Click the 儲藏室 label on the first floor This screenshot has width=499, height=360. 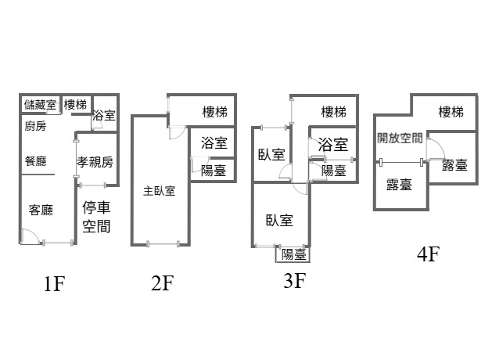(x=40, y=105)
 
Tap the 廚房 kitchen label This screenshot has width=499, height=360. (x=35, y=127)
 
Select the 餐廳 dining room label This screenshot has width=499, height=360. (x=35, y=161)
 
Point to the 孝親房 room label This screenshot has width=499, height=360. (x=95, y=162)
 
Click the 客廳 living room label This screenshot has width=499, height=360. (x=40, y=210)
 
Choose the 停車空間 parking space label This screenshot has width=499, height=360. (x=96, y=218)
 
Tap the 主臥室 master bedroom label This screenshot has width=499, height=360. (x=159, y=190)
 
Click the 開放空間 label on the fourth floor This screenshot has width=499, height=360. (x=400, y=139)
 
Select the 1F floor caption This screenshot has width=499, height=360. (x=53, y=284)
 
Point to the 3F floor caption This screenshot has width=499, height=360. (x=293, y=280)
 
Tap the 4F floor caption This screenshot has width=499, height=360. (x=429, y=254)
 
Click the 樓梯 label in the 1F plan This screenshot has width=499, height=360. (x=75, y=105)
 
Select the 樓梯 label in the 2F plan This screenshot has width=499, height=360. (x=215, y=112)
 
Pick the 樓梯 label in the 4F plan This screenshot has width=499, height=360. (x=451, y=112)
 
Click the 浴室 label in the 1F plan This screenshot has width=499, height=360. (x=104, y=116)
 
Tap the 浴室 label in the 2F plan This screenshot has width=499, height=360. (x=214, y=143)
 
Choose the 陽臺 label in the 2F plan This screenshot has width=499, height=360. (x=214, y=170)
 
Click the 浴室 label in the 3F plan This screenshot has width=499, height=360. (x=334, y=144)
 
